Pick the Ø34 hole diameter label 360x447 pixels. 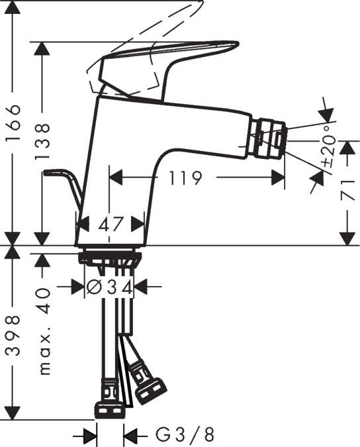pyautogui.click(x=111, y=287)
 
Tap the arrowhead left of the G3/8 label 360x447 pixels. pyautogui.click(x=91, y=435)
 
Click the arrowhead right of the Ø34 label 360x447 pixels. pyautogui.click(x=141, y=287)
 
